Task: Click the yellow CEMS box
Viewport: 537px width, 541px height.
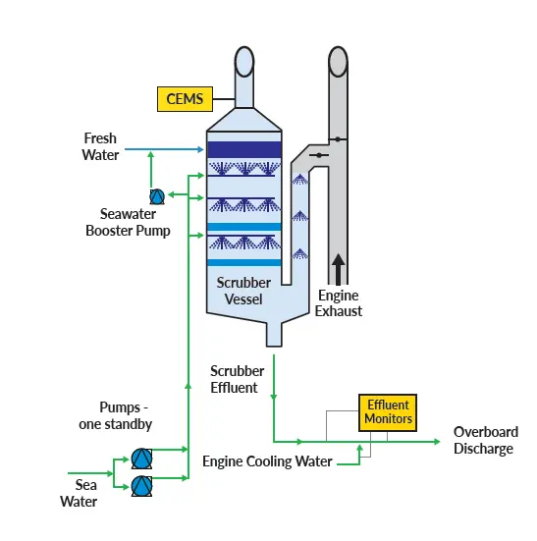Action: tap(185, 98)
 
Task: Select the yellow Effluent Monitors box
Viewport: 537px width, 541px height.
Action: tap(388, 411)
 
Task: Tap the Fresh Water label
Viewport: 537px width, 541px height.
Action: tap(100, 146)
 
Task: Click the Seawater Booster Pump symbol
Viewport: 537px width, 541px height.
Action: tap(155, 196)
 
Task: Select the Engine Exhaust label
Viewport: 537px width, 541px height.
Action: tap(339, 303)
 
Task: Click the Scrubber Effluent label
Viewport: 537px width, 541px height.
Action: tap(236, 379)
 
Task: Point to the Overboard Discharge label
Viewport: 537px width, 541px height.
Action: tap(485, 441)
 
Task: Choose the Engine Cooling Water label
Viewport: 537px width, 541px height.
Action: tap(267, 460)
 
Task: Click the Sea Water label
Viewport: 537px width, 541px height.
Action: tap(80, 493)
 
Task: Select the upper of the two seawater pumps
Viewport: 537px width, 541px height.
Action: tap(141, 459)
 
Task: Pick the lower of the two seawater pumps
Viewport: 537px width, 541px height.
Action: tap(141, 485)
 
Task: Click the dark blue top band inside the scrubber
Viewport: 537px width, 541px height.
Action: tap(245, 150)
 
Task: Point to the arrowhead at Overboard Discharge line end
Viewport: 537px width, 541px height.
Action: tap(438, 441)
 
